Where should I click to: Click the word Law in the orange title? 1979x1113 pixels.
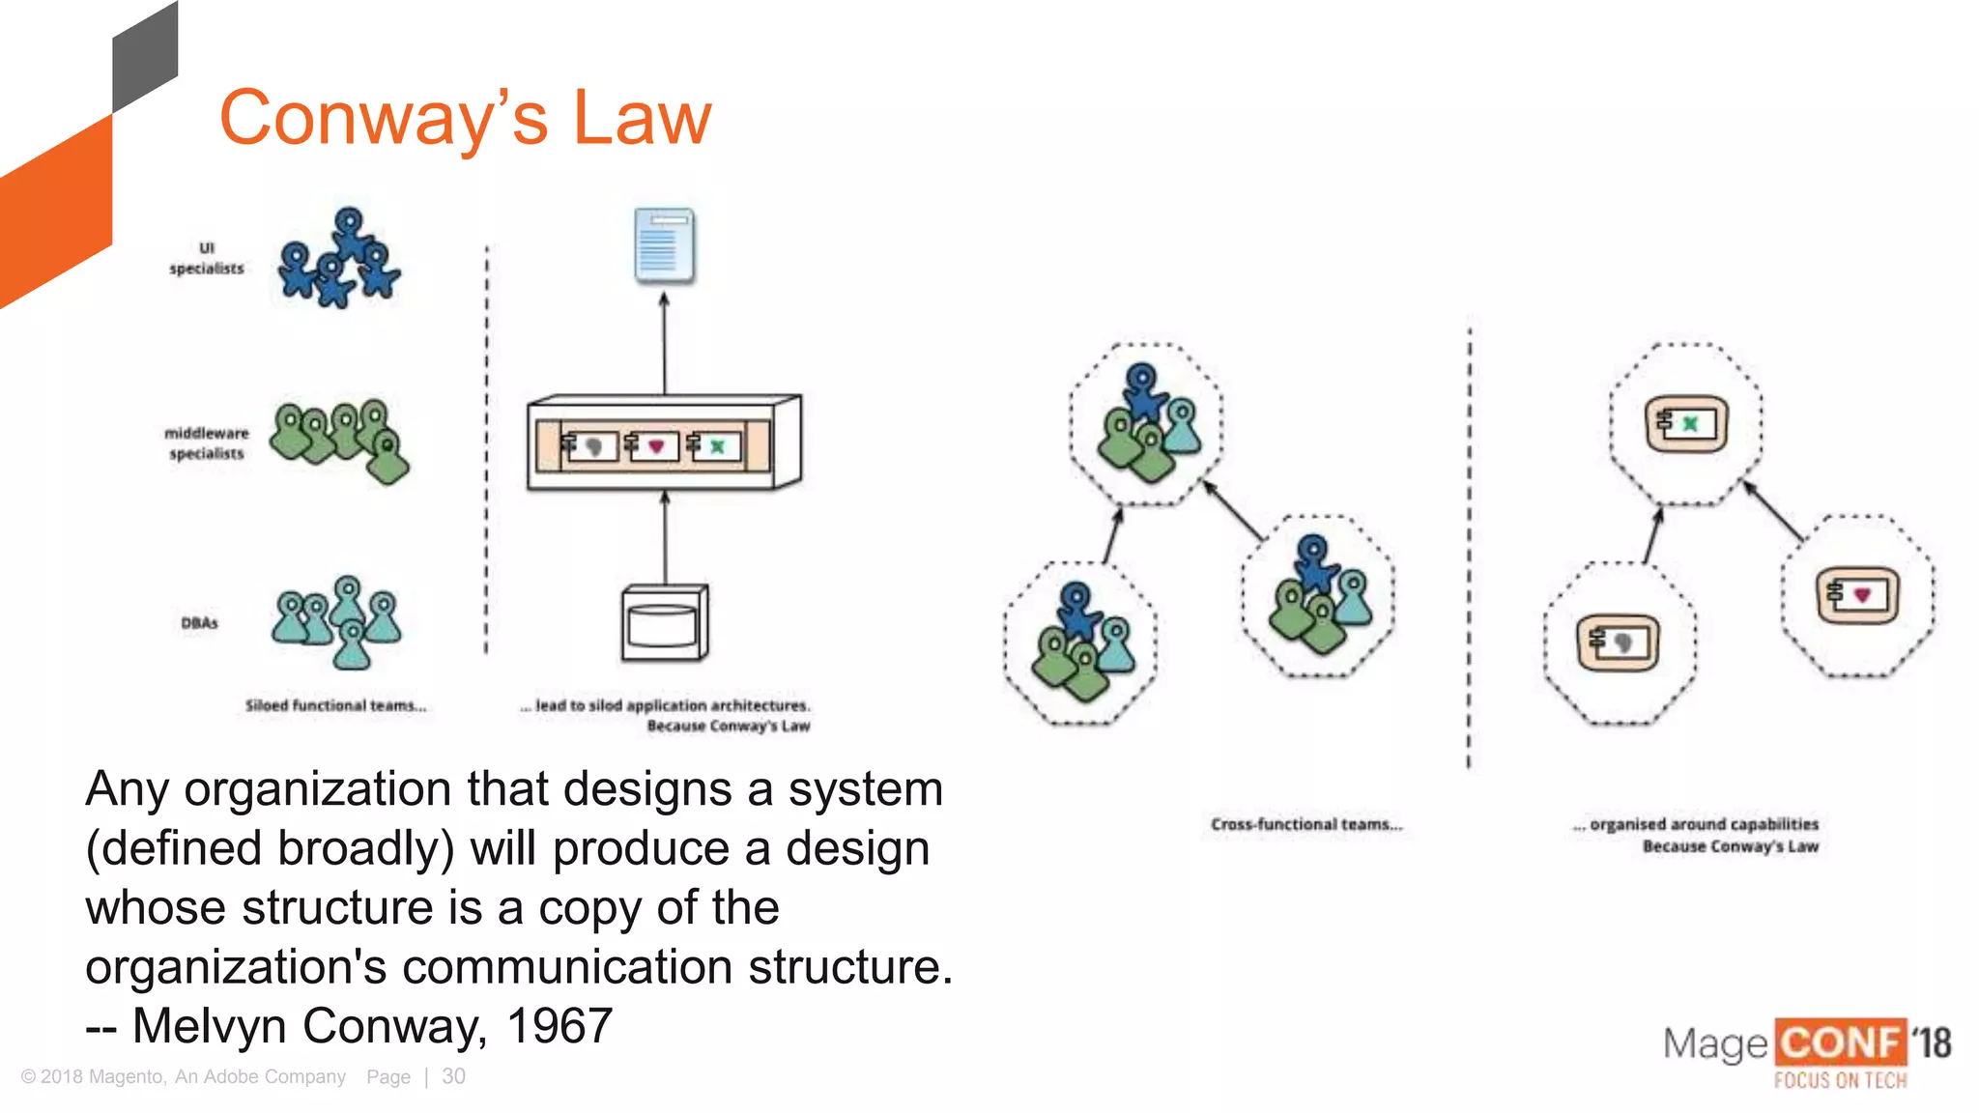point(642,118)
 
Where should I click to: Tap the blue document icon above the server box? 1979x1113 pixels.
point(664,245)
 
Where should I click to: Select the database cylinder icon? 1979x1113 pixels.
point(664,623)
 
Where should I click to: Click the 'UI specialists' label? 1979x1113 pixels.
point(207,258)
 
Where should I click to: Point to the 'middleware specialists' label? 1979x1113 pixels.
point(206,442)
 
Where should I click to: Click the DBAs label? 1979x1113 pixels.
point(199,623)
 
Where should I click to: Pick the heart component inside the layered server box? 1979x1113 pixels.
point(649,445)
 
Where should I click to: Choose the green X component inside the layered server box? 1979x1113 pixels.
point(712,445)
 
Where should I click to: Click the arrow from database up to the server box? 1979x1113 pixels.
point(665,537)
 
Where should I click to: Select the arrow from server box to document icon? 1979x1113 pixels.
point(664,343)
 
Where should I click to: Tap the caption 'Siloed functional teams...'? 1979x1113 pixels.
point(335,705)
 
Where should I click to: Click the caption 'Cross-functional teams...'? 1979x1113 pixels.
point(1305,824)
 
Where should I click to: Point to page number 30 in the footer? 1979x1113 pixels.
point(453,1076)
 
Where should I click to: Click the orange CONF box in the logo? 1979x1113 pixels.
point(1840,1043)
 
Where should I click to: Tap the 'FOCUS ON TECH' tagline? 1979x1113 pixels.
point(1840,1080)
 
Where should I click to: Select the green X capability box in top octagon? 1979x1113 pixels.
point(1686,423)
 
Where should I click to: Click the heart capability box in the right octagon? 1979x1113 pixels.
point(1857,595)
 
